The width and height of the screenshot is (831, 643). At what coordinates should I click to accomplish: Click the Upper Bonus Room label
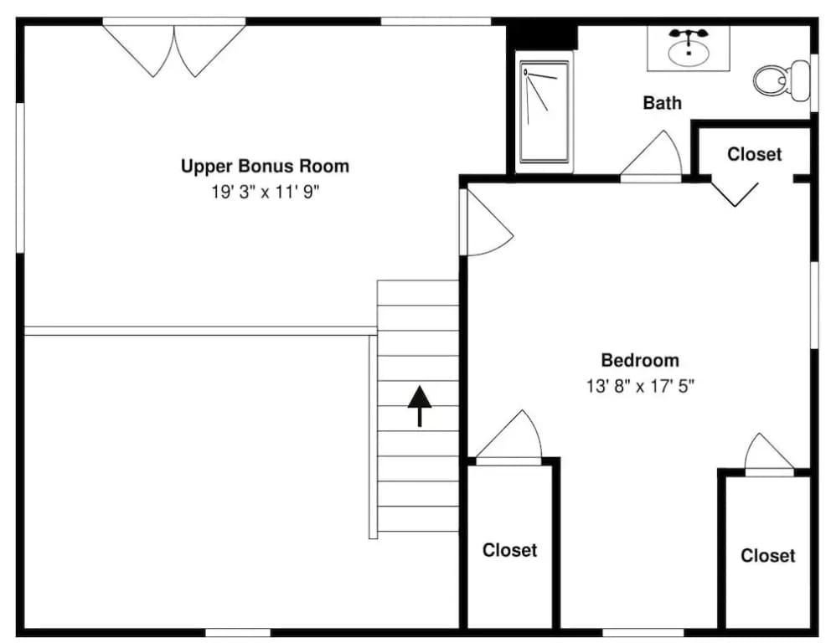coord(265,166)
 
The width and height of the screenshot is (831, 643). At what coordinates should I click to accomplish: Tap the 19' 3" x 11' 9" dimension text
coord(265,191)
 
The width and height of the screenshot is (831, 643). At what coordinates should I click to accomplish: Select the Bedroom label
coord(640,360)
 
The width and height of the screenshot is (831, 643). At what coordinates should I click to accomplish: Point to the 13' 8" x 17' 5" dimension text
coord(640,386)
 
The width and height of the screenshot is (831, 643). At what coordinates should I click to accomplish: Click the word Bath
coord(662,102)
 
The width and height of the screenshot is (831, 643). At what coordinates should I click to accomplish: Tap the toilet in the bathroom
coord(782,80)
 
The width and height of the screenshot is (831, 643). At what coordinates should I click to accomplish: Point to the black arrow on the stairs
coord(419,406)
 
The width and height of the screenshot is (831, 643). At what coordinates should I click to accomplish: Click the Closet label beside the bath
coord(754,154)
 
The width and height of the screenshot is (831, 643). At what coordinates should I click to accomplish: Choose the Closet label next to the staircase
coord(510,550)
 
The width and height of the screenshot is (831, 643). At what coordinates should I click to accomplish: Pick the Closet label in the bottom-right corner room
coord(768,555)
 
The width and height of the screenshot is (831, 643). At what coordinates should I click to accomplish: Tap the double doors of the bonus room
coord(174,48)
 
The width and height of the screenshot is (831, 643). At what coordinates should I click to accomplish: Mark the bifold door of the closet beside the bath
coord(735,194)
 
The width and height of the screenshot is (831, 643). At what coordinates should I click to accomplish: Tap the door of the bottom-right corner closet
coord(769,454)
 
